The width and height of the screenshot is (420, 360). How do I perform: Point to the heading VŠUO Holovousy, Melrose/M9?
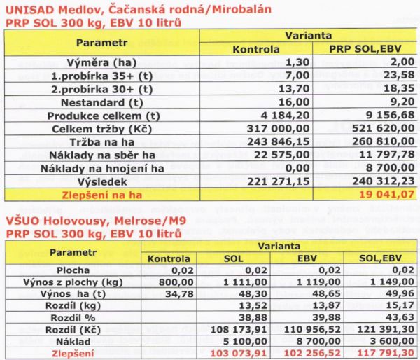[x=92, y=219]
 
